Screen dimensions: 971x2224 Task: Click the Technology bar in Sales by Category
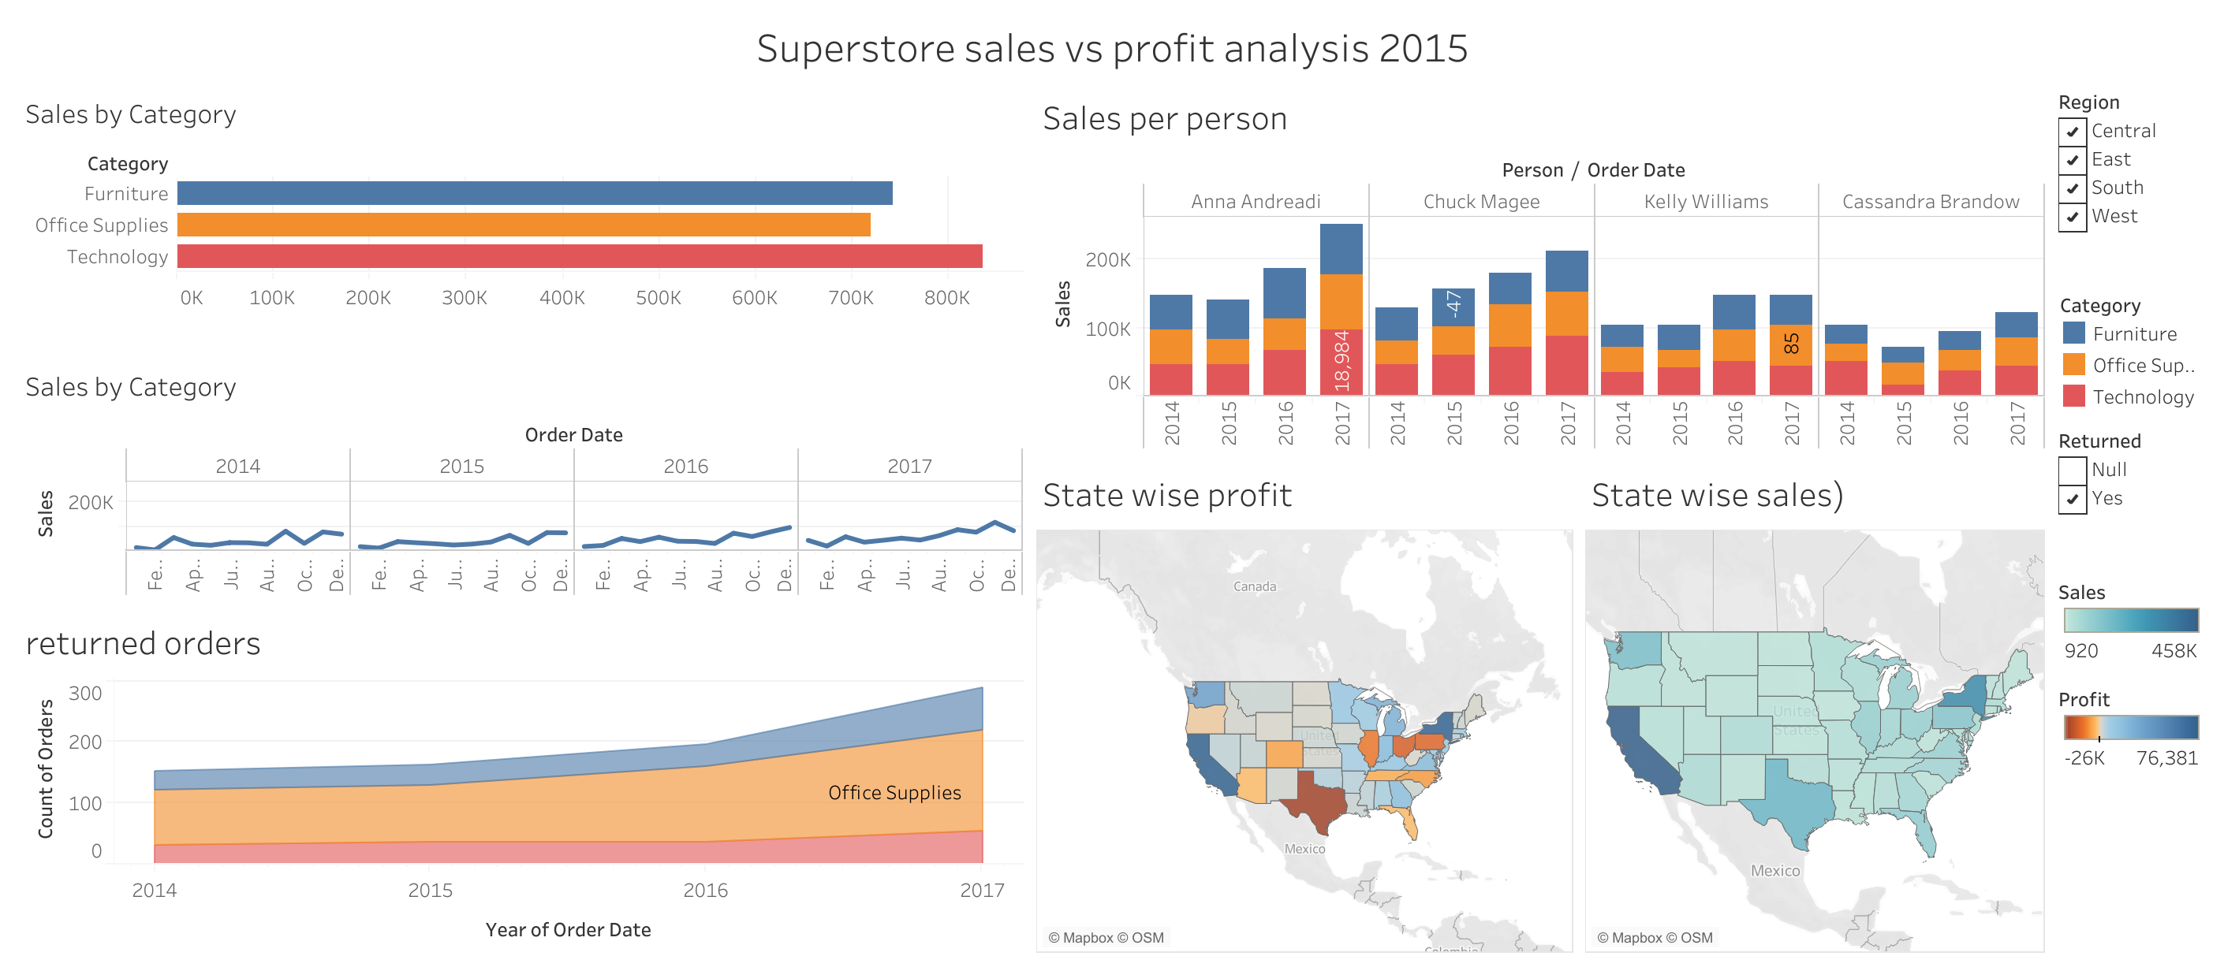tap(578, 256)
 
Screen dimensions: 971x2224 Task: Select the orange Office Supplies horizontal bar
tap(523, 225)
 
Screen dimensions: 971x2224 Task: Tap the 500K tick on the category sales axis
tap(658, 298)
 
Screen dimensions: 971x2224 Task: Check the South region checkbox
tap(2072, 188)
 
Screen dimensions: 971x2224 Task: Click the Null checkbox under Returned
tap(2072, 471)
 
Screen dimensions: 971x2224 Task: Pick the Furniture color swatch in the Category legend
tap(2074, 333)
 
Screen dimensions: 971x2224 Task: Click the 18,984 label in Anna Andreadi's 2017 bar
tap(1341, 361)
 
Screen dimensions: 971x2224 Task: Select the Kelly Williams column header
tap(1705, 202)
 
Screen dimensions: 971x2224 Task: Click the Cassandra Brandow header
tap(1931, 202)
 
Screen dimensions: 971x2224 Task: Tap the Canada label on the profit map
tap(1254, 587)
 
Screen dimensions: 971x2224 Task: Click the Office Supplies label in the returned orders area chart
tap(894, 792)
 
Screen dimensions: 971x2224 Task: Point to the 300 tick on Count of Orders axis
tap(84, 694)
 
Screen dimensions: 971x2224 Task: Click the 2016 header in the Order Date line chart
tap(685, 466)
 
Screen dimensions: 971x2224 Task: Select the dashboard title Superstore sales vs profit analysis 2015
tap(1112, 48)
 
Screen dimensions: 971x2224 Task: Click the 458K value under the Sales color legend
tap(2173, 651)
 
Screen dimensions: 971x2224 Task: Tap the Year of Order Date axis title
tap(568, 929)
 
